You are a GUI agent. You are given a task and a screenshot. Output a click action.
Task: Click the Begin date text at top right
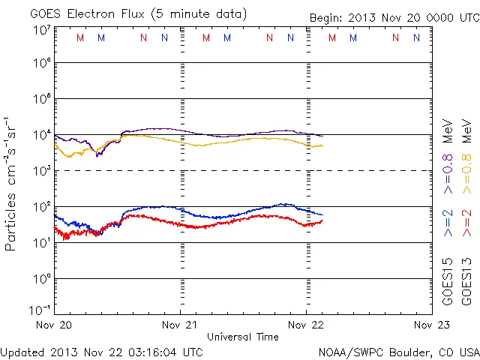(394, 19)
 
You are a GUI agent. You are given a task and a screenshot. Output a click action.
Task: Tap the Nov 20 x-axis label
(54, 325)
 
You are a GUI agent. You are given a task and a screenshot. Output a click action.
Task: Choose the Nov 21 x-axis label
(180, 325)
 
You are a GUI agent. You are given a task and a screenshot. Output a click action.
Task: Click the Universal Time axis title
(242, 337)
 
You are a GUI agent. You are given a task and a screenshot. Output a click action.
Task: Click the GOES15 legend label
(448, 280)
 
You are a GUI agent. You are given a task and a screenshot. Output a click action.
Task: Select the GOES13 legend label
(468, 280)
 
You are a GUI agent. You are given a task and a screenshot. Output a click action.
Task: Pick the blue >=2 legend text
(448, 223)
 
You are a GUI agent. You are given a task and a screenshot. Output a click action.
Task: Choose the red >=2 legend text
(468, 223)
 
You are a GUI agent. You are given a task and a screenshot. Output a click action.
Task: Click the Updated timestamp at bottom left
(101, 352)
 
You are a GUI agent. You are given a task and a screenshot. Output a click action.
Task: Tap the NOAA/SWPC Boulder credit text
(398, 352)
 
